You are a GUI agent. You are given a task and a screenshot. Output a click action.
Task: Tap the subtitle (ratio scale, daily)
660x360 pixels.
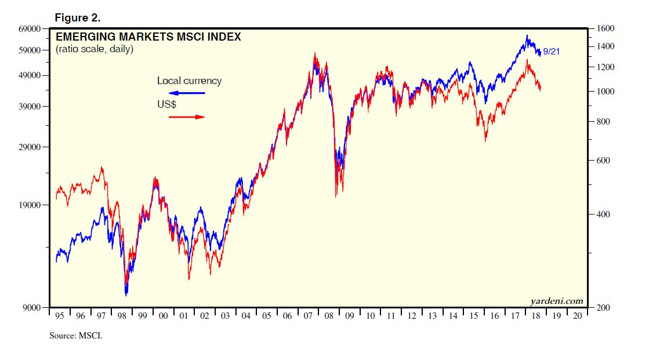(x=95, y=49)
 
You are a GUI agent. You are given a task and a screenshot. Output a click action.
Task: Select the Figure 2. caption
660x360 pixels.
(x=77, y=18)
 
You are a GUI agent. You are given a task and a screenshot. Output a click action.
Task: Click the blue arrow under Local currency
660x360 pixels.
(x=187, y=93)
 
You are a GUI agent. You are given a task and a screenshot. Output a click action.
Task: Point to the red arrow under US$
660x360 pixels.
(x=187, y=117)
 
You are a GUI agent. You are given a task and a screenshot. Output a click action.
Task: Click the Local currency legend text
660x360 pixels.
(x=189, y=81)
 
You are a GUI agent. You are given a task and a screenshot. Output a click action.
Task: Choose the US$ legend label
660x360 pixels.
(x=166, y=105)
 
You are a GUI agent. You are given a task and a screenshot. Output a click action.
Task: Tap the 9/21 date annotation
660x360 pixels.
(x=552, y=52)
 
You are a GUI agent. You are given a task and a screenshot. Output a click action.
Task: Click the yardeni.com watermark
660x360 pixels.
(x=556, y=301)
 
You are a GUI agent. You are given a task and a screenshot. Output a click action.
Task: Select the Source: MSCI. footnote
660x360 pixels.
(x=76, y=335)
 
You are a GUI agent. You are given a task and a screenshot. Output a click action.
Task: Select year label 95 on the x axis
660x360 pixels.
(x=59, y=316)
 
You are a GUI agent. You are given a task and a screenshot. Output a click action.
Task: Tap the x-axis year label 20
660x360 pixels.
(x=576, y=316)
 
